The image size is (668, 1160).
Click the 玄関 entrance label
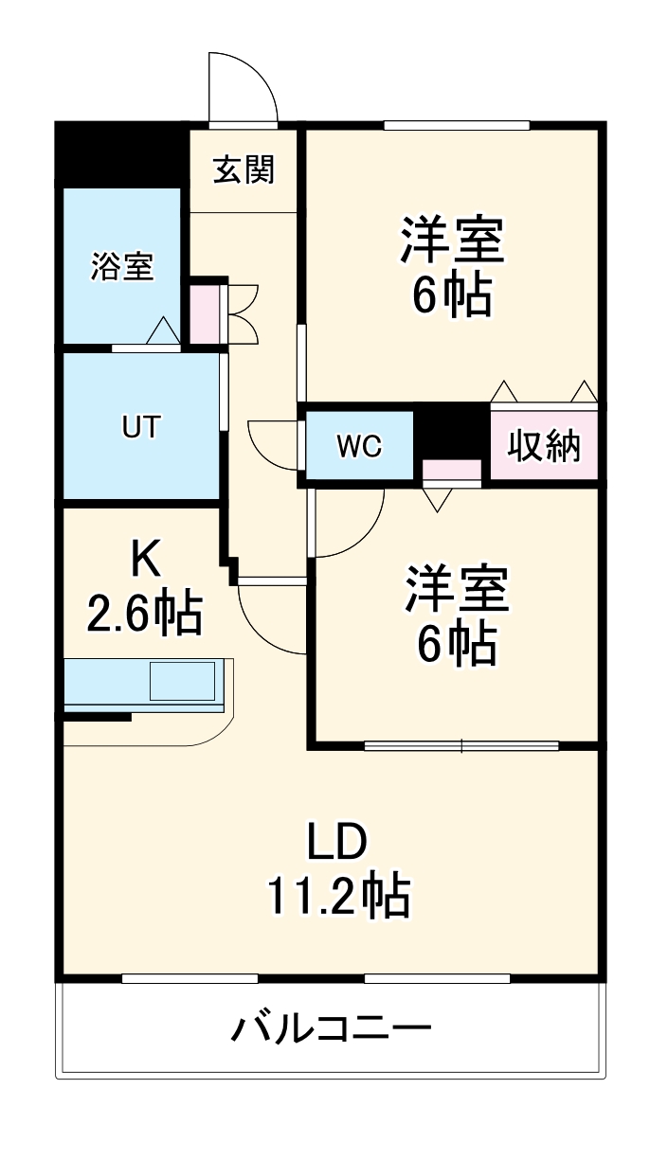(x=244, y=170)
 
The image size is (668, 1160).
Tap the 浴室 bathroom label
(x=121, y=266)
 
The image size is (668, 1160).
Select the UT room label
(x=140, y=428)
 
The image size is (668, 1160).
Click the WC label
(x=360, y=447)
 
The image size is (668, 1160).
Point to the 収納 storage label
(x=544, y=445)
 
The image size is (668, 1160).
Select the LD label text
(x=336, y=840)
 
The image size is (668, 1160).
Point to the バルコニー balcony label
(x=332, y=1027)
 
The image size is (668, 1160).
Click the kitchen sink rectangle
(x=182, y=681)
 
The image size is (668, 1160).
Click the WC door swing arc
(x=272, y=443)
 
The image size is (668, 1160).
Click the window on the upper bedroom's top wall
(x=456, y=125)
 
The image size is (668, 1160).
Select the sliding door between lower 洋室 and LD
(x=461, y=745)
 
